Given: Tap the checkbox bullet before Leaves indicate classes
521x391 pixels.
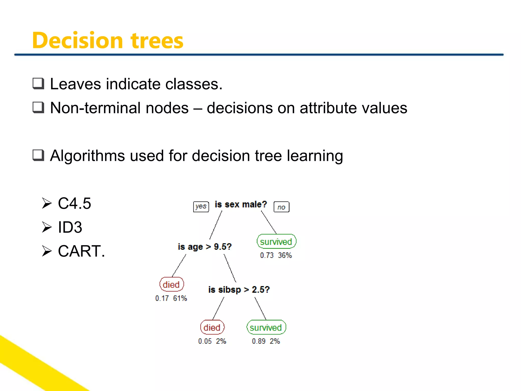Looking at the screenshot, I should click(38, 84).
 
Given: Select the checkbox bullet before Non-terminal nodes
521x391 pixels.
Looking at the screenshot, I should click(38, 107).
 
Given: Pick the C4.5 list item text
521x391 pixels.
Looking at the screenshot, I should click(74, 203).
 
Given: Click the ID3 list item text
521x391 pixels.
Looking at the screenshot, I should click(70, 227).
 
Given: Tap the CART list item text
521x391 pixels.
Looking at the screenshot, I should click(81, 251).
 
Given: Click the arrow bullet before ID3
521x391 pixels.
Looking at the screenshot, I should click(47, 227).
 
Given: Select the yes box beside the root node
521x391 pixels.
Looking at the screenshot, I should click(201, 206).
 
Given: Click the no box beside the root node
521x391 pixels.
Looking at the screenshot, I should click(281, 207).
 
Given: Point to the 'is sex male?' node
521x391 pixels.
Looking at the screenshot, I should click(241, 204).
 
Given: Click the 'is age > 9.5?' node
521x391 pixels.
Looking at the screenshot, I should click(205, 247).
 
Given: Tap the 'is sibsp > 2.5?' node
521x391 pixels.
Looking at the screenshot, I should click(239, 290).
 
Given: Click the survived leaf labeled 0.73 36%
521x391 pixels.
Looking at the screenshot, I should click(276, 242).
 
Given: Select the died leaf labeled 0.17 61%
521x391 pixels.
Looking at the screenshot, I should click(171, 285).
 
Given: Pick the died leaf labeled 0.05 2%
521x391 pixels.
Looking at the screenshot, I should click(212, 328).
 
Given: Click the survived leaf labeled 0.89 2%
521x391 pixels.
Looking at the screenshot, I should click(266, 328).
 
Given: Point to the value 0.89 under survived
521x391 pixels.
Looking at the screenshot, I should click(259, 341).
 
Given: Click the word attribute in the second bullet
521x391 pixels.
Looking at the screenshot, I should click(328, 108).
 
